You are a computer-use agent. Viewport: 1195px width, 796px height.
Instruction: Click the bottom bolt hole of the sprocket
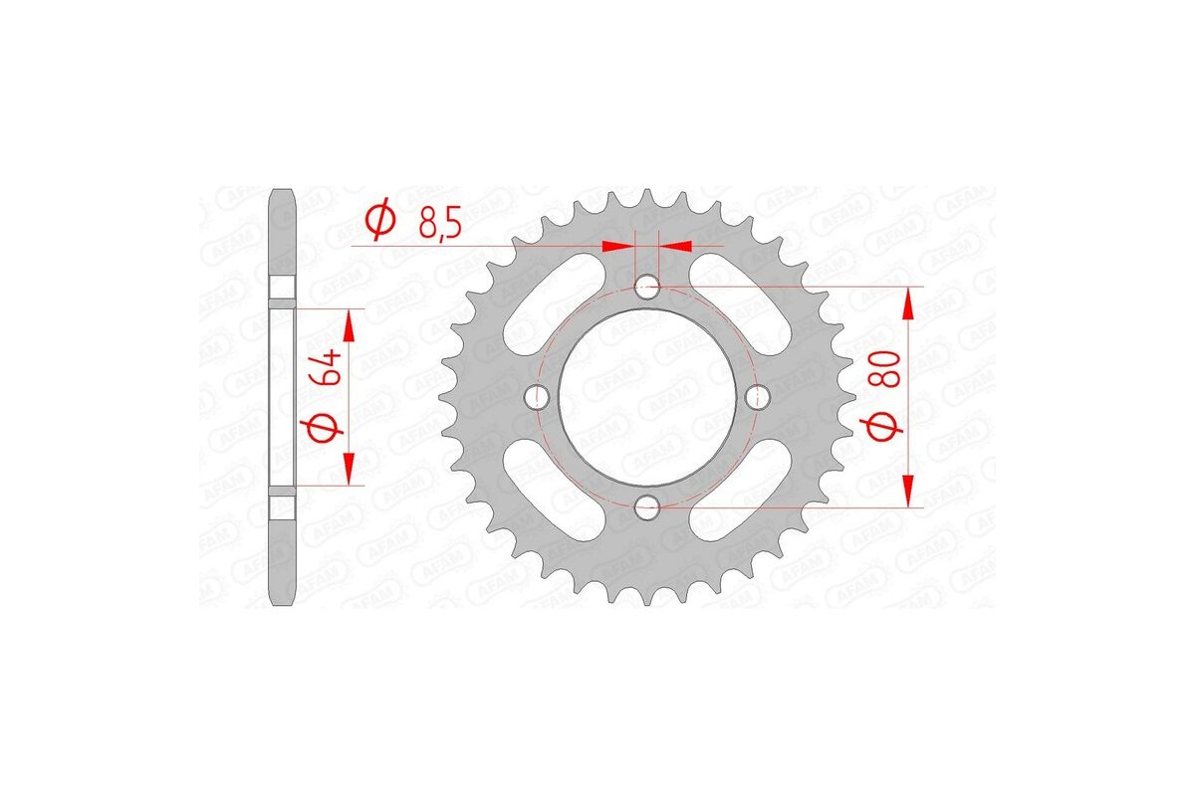point(647,505)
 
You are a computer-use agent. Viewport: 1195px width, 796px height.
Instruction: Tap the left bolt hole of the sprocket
point(542,397)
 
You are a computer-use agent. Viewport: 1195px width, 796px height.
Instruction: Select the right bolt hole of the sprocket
point(754,397)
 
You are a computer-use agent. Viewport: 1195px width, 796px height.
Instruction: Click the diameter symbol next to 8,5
point(379,221)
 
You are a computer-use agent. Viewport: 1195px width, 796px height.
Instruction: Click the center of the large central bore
point(647,397)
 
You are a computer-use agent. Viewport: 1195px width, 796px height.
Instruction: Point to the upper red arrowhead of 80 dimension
point(908,303)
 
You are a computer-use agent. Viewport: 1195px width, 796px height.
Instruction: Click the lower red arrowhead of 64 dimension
point(350,469)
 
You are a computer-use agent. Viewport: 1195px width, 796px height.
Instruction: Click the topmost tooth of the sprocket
point(647,196)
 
